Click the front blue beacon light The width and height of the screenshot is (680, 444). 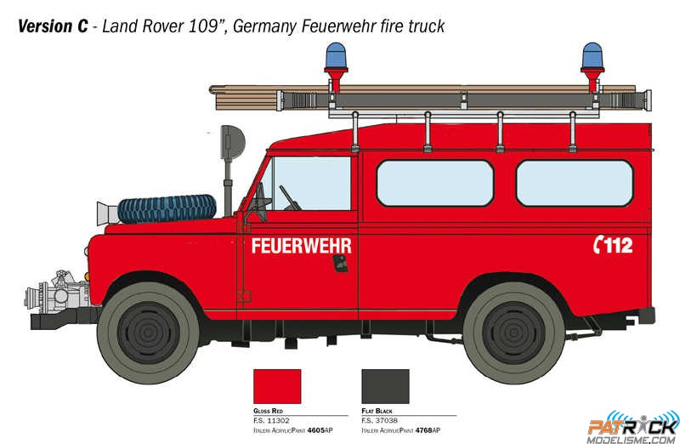click(x=336, y=55)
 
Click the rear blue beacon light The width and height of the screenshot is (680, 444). click(x=592, y=55)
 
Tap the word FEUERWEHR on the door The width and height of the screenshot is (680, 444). click(x=302, y=246)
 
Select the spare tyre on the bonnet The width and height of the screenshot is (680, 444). click(x=167, y=208)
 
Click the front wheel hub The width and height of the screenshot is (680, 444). click(x=148, y=333)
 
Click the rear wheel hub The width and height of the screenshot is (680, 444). click(x=513, y=333)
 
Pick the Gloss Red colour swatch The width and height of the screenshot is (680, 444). click(x=277, y=386)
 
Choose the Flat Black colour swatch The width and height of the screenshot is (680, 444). click(x=386, y=386)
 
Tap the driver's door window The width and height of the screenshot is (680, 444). click(x=310, y=183)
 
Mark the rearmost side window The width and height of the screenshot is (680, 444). click(x=575, y=183)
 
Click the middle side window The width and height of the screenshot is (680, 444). click(x=435, y=183)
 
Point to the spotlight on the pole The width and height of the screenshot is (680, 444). click(x=232, y=143)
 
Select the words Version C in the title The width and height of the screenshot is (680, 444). click(x=53, y=26)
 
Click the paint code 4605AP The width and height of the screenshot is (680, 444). click(x=320, y=430)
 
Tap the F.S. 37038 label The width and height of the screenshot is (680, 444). click(x=379, y=420)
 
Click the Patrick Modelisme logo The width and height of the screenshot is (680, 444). click(x=633, y=427)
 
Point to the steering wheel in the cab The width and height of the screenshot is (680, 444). click(x=290, y=198)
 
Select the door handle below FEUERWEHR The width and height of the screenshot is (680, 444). click(x=341, y=264)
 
